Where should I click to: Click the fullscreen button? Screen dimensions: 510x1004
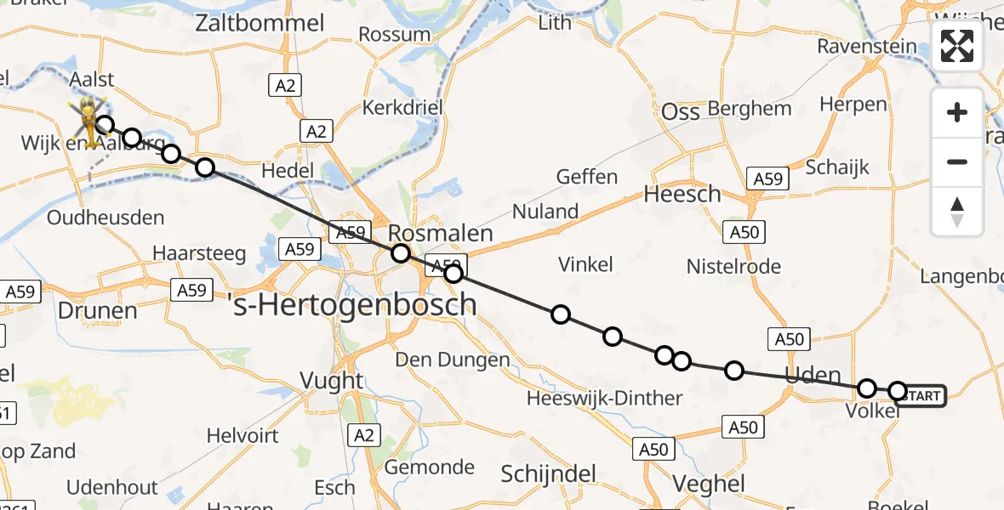tap(957, 46)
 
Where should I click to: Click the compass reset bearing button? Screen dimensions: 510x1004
tap(957, 212)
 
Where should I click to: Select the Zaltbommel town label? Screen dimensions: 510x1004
tap(260, 23)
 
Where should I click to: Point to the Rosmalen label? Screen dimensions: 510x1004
tap(440, 234)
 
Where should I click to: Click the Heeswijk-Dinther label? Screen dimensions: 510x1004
tap(604, 398)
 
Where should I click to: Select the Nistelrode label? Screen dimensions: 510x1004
tap(733, 267)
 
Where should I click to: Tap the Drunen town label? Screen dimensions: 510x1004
tap(98, 310)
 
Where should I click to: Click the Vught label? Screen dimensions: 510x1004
tap(333, 380)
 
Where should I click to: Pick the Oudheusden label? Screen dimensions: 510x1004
tap(106, 218)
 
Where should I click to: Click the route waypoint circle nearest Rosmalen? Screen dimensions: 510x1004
tap(400, 253)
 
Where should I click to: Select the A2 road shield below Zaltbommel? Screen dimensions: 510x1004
tap(285, 84)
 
